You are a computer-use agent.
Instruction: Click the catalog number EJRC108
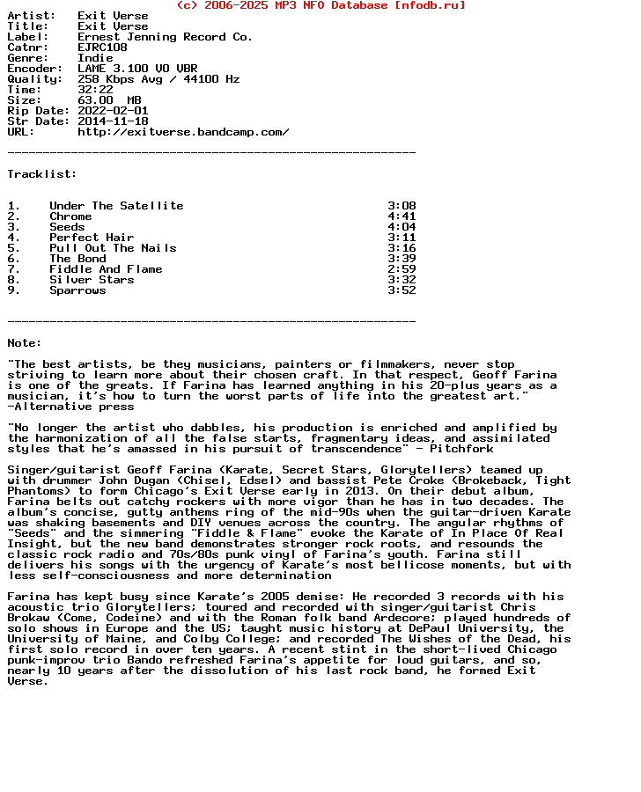click(x=102, y=48)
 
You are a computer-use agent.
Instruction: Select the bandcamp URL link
click(x=183, y=132)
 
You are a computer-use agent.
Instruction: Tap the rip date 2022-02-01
click(x=113, y=111)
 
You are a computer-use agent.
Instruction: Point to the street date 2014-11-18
click(x=113, y=121)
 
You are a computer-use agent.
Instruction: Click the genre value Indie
click(x=95, y=58)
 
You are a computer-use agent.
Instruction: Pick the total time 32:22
click(x=95, y=90)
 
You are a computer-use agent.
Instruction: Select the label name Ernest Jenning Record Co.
click(x=165, y=37)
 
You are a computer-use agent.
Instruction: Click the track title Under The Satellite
click(x=116, y=206)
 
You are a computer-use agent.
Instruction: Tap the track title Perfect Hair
click(x=92, y=238)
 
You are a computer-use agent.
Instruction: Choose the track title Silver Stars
click(x=92, y=280)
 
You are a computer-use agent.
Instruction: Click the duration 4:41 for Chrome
click(x=402, y=216)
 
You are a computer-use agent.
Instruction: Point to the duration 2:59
click(x=402, y=269)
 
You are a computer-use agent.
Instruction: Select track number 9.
click(x=13, y=290)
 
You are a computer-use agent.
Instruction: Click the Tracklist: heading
click(x=42, y=174)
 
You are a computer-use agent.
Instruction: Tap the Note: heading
click(x=25, y=343)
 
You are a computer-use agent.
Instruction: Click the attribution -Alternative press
click(x=70, y=407)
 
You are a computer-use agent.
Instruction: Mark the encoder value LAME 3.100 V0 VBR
click(x=137, y=69)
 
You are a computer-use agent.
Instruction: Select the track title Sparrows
click(x=77, y=290)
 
